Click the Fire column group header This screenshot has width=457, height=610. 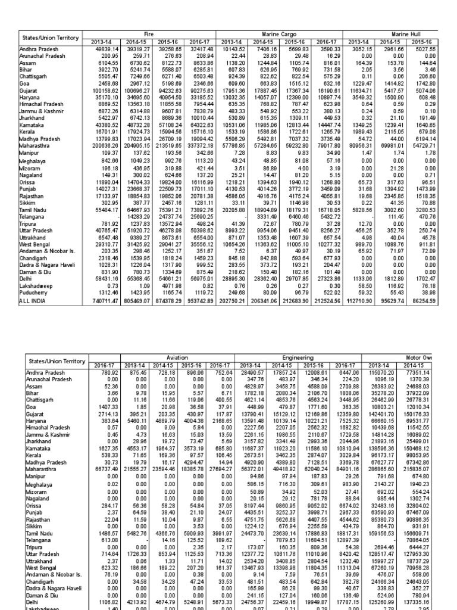click(154, 35)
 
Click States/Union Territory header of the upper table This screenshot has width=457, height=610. click(49, 38)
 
